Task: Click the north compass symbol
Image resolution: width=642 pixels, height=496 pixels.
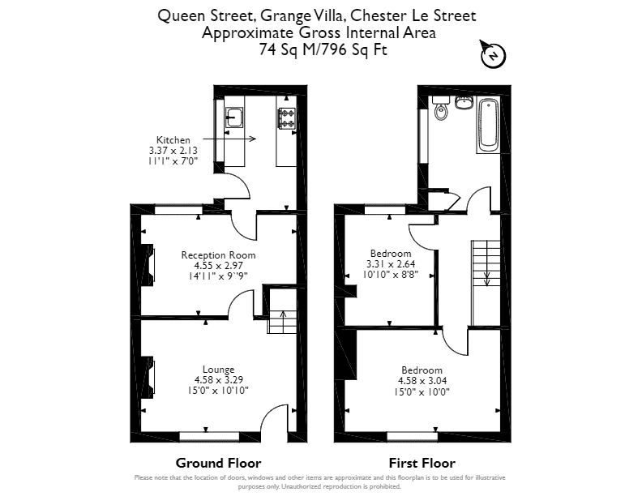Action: pyautogui.click(x=493, y=55)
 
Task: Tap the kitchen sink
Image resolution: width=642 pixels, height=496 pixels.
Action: pyautogui.click(x=234, y=117)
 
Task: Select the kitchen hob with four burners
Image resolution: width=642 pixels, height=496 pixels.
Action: pyautogui.click(x=287, y=118)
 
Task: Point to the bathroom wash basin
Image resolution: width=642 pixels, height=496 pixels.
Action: pyautogui.click(x=464, y=102)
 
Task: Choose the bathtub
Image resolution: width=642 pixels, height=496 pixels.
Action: pyautogui.click(x=488, y=125)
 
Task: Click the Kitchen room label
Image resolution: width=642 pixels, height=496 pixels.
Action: pyautogui.click(x=173, y=140)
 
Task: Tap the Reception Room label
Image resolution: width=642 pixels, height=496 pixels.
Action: pyautogui.click(x=218, y=255)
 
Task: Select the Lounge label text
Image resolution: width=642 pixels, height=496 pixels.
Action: pyautogui.click(x=219, y=370)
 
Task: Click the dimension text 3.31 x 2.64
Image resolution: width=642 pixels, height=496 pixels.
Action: pyautogui.click(x=391, y=264)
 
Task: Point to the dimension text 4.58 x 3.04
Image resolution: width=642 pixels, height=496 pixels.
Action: pyautogui.click(x=422, y=381)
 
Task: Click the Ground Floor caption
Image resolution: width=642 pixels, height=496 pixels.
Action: pyautogui.click(x=218, y=463)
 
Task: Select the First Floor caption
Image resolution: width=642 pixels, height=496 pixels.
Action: pyautogui.click(x=422, y=463)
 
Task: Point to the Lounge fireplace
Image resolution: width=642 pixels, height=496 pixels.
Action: pyautogui.click(x=147, y=378)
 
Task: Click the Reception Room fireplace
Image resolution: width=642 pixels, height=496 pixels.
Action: pyautogui.click(x=147, y=264)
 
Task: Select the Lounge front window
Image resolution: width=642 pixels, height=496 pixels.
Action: pyautogui.click(x=209, y=437)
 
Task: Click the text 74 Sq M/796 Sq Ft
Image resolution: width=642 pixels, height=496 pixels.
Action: pyautogui.click(x=323, y=49)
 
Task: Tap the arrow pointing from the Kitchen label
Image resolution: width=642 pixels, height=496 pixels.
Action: pyautogui.click(x=229, y=139)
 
